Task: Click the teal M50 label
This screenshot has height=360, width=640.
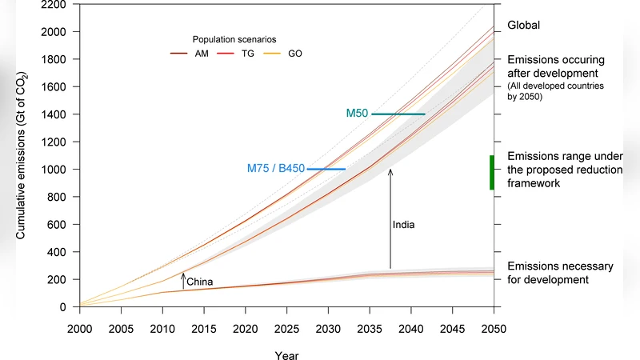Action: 357,114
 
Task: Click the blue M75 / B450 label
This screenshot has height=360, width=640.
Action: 276,169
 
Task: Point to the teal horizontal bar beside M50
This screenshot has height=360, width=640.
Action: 398,114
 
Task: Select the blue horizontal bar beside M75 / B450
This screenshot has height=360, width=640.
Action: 326,169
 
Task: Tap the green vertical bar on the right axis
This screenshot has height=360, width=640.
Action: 492,172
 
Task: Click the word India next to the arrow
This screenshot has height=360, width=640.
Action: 404,225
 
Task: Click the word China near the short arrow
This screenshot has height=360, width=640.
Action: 200,282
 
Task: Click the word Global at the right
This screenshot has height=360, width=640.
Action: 524,25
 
